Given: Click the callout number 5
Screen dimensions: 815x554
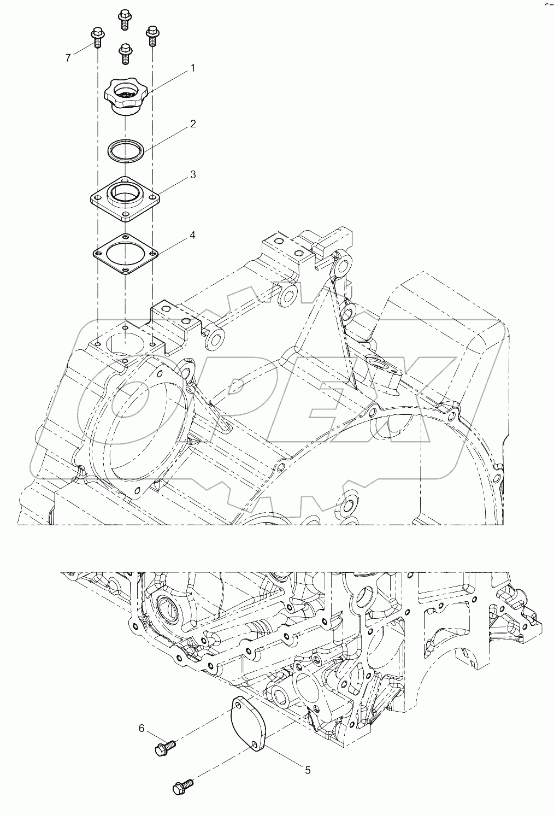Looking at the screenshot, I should pos(308,770).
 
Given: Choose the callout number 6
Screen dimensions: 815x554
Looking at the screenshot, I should pos(141,728).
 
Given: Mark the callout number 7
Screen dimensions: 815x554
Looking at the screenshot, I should pos(68,58).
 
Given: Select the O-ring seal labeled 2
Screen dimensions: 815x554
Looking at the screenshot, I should pos(126,150).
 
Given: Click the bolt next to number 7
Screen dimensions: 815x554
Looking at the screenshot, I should pos(97,36).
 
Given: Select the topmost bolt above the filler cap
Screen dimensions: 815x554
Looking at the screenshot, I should pos(124,19).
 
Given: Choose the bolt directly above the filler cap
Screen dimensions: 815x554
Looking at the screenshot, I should pos(125,54).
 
